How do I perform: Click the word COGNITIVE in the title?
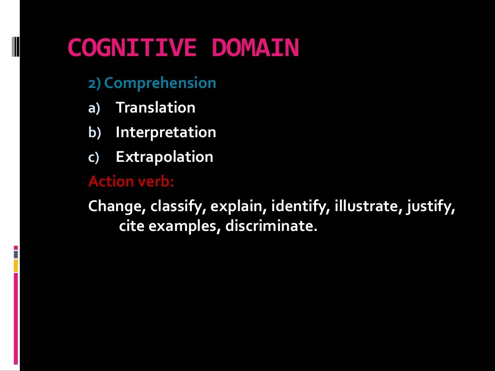132,48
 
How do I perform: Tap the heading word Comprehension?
160,83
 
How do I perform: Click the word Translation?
156,107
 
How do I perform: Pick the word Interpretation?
166,132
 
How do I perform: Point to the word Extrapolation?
164,157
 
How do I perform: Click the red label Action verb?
131,181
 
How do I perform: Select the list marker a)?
93,108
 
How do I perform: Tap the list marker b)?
94,133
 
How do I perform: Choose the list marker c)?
93,157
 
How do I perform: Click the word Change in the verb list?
117,207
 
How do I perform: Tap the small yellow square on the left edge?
15,265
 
